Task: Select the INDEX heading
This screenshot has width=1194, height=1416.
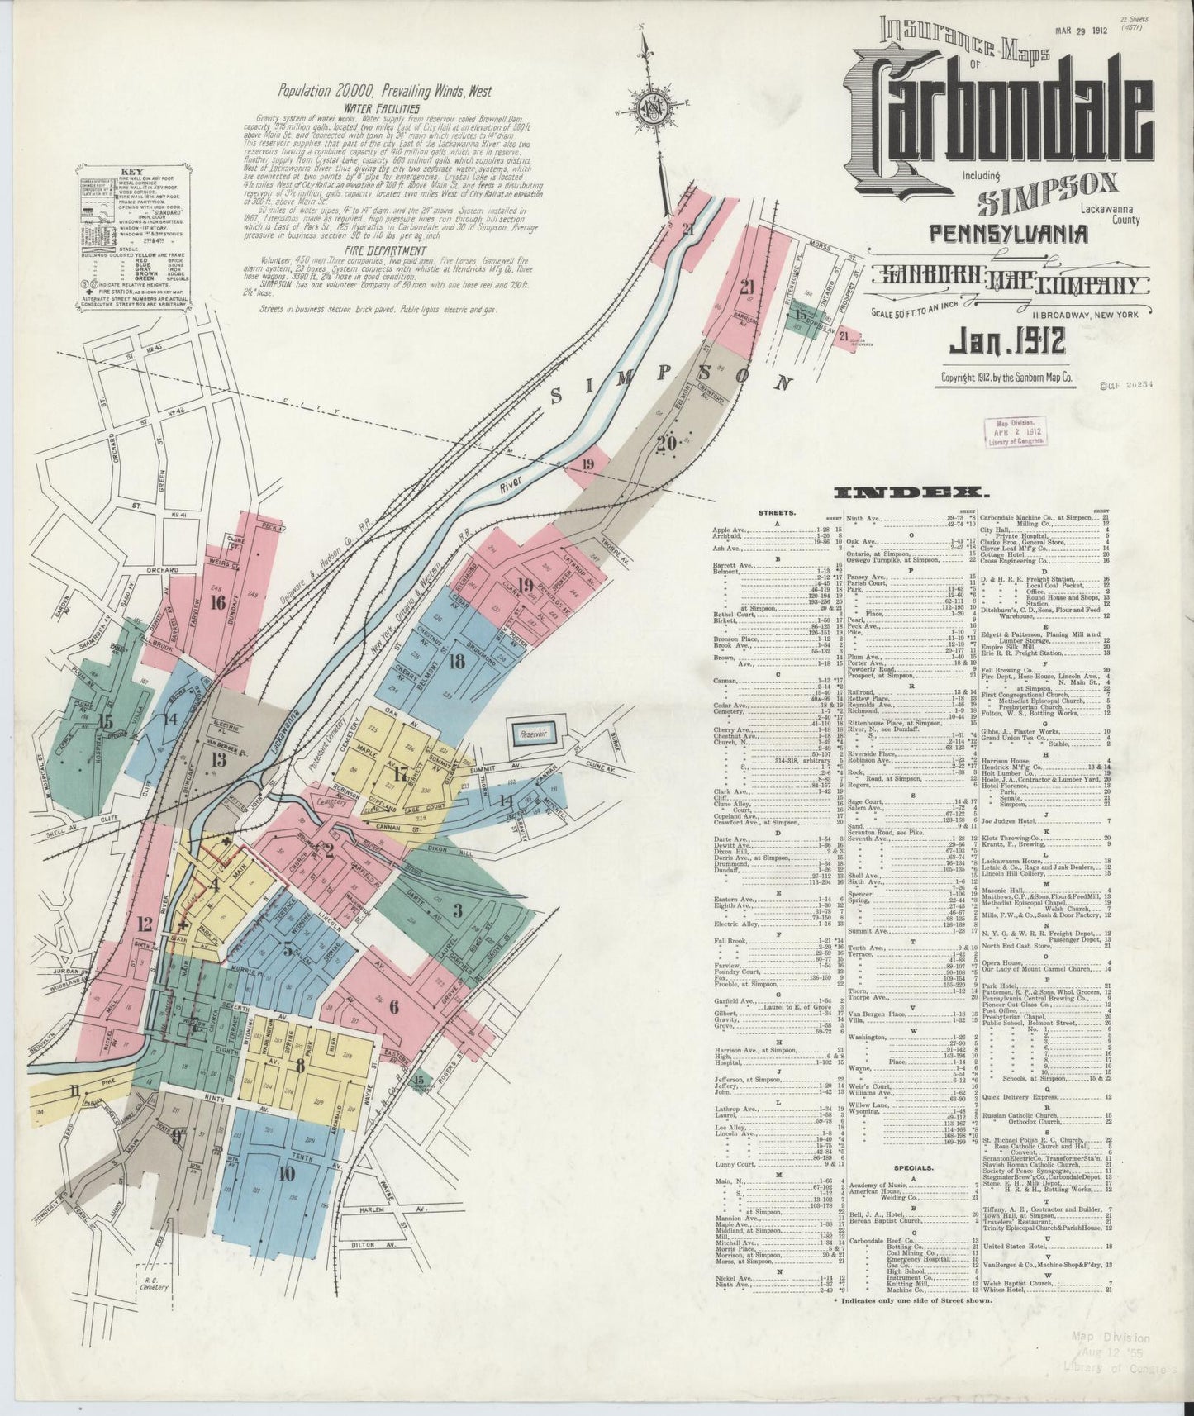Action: coord(906,493)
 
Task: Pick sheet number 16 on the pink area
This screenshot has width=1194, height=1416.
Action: coord(218,602)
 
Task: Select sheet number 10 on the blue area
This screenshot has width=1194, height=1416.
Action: coord(287,1172)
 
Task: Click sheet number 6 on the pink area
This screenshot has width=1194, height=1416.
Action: coord(392,1006)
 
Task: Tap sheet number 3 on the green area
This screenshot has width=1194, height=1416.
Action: coord(457,911)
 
